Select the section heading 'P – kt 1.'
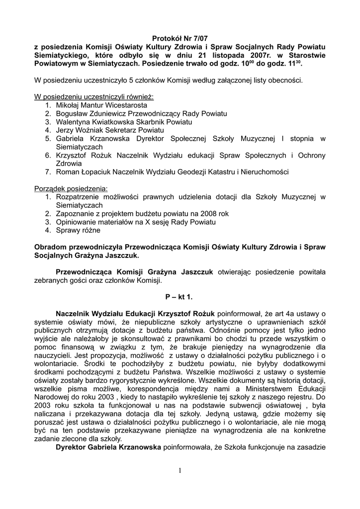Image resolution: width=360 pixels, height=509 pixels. click(179, 297)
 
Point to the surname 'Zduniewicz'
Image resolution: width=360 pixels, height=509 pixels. click(110, 114)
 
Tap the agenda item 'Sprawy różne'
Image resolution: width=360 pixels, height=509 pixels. click(78, 230)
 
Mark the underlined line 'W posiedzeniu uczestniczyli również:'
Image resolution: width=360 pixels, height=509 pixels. click(93, 97)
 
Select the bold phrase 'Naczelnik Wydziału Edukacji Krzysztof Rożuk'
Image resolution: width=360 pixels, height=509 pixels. click(135, 314)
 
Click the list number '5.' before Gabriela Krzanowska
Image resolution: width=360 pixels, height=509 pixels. click(48, 139)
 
